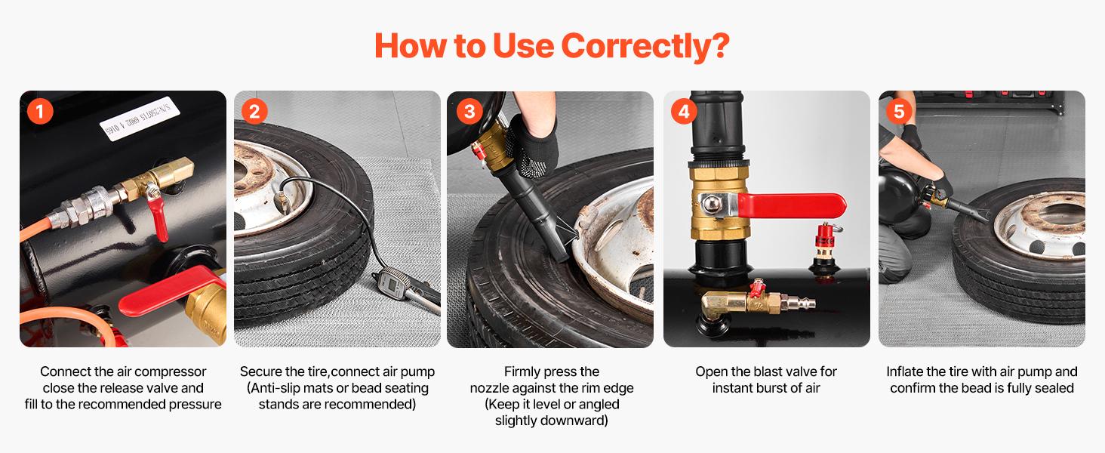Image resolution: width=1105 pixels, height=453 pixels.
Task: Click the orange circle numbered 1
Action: pos(39,112)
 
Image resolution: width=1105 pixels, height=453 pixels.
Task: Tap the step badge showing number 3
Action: pos(469,112)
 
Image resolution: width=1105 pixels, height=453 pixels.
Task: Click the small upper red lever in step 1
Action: pos(159,214)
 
